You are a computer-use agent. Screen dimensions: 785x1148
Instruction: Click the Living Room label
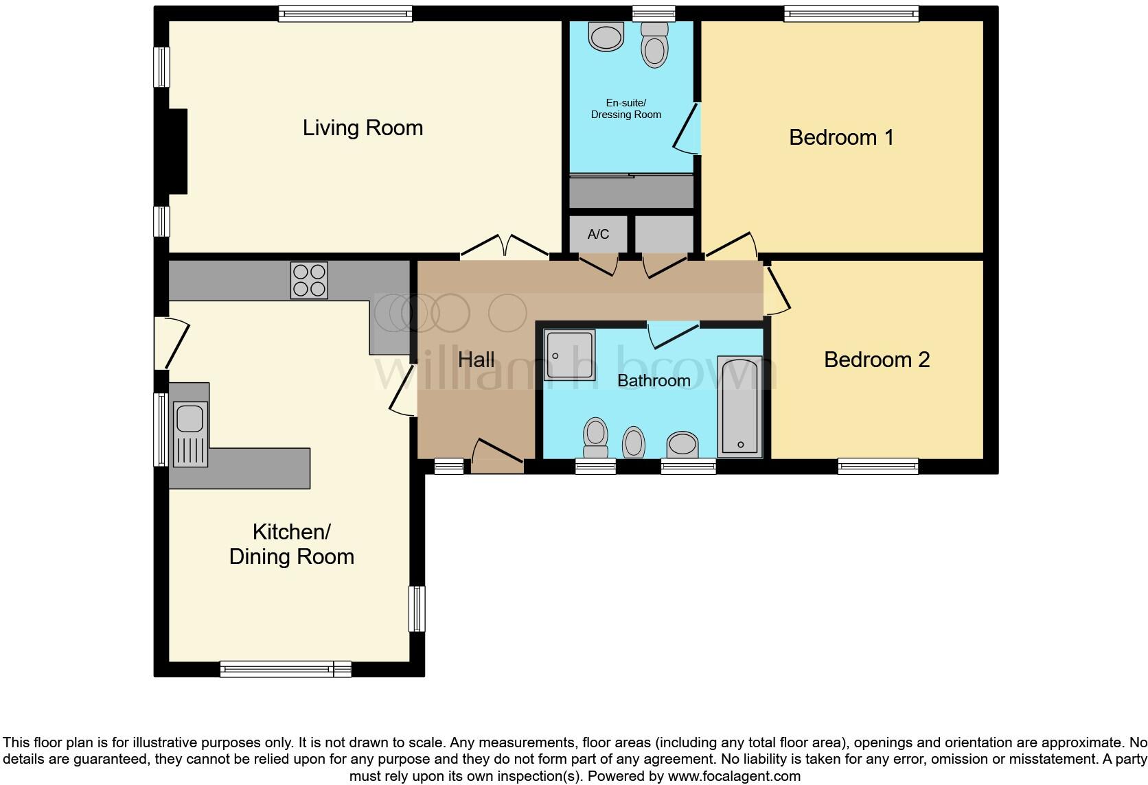pyautogui.click(x=363, y=128)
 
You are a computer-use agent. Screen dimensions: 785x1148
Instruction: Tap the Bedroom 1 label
pyautogui.click(x=841, y=137)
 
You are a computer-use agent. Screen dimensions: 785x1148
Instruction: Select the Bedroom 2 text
pyautogui.click(x=876, y=360)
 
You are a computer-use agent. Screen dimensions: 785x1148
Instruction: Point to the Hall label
pyautogui.click(x=476, y=360)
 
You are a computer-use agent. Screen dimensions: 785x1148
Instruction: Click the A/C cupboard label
pyautogui.click(x=598, y=235)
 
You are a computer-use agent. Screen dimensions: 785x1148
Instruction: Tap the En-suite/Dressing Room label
pyautogui.click(x=625, y=109)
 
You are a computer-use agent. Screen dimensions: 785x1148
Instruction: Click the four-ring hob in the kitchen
pyautogui.click(x=309, y=281)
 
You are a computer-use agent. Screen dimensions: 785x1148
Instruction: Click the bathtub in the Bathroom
pyautogui.click(x=739, y=406)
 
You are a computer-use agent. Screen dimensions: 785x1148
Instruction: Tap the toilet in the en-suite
pyautogui.click(x=654, y=45)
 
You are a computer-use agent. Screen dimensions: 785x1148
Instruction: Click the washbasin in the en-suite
pyautogui.click(x=606, y=36)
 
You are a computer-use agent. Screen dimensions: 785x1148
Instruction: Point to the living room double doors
pyautogui.click(x=504, y=247)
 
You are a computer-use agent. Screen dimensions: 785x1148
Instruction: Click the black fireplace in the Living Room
pyautogui.click(x=178, y=152)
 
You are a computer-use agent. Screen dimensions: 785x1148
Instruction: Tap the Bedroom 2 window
pyautogui.click(x=877, y=467)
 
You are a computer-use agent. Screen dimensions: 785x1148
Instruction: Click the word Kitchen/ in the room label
pyautogui.click(x=291, y=532)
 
